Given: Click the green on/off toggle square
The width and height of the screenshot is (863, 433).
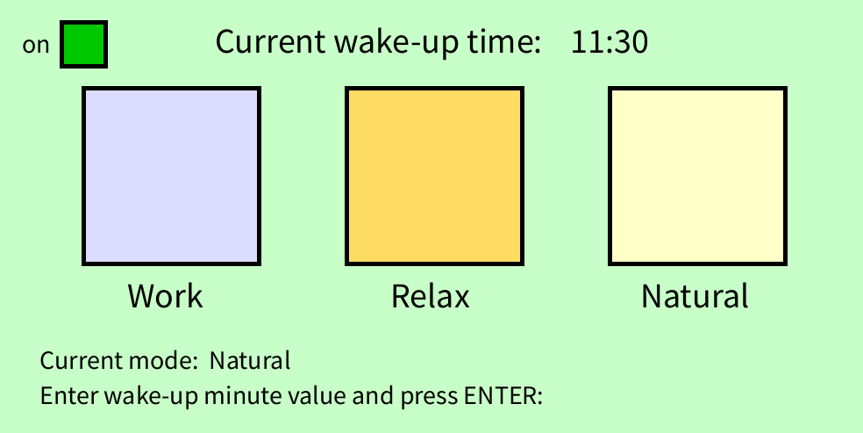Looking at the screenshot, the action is pyautogui.click(x=83, y=45).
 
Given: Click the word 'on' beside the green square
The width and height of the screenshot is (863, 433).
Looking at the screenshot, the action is pyautogui.click(x=36, y=46).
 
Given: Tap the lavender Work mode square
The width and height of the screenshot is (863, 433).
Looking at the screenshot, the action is pyautogui.click(x=171, y=177).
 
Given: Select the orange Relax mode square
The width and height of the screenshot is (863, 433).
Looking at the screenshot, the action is pyautogui.click(x=434, y=177).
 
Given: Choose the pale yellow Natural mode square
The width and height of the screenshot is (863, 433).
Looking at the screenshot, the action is pyautogui.click(x=697, y=177).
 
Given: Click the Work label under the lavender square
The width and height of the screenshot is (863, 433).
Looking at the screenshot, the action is pyautogui.click(x=166, y=296).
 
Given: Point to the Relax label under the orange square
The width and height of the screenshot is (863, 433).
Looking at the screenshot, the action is pyautogui.click(x=431, y=296).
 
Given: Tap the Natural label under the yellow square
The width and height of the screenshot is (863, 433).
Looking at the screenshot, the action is pyautogui.click(x=695, y=296).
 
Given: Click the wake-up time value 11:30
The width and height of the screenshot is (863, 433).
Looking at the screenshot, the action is pyautogui.click(x=610, y=42).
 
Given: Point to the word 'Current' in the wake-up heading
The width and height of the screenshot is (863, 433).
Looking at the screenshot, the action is pyautogui.click(x=270, y=42).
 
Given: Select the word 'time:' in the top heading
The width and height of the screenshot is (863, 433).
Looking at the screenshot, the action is pyautogui.click(x=504, y=42).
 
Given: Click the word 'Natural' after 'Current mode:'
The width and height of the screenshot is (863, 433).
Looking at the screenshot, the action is pyautogui.click(x=250, y=361).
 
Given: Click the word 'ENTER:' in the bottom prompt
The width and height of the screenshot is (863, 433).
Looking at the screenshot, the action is pyautogui.click(x=503, y=395).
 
